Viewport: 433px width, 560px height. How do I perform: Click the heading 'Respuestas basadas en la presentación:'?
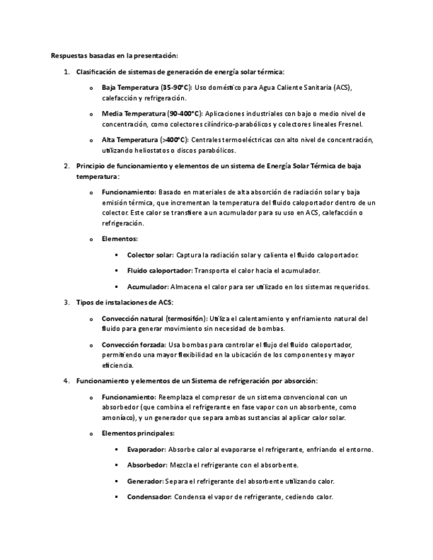[x=114, y=55]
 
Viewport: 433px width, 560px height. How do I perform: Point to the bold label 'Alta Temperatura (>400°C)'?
[x=145, y=140]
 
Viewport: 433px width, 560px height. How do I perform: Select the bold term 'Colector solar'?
[x=150, y=255]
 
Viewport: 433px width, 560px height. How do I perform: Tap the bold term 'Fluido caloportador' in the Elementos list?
[x=159, y=271]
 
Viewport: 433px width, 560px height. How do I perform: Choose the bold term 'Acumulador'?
[x=147, y=287]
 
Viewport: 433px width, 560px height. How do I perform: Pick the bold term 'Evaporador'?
[x=146, y=450]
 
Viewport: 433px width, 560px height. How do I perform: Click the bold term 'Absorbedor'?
[x=147, y=466]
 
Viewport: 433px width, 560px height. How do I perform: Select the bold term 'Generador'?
[x=145, y=481]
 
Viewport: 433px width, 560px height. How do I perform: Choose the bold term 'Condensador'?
[x=149, y=497]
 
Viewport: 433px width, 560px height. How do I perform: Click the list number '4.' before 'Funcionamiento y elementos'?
[x=66, y=381]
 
